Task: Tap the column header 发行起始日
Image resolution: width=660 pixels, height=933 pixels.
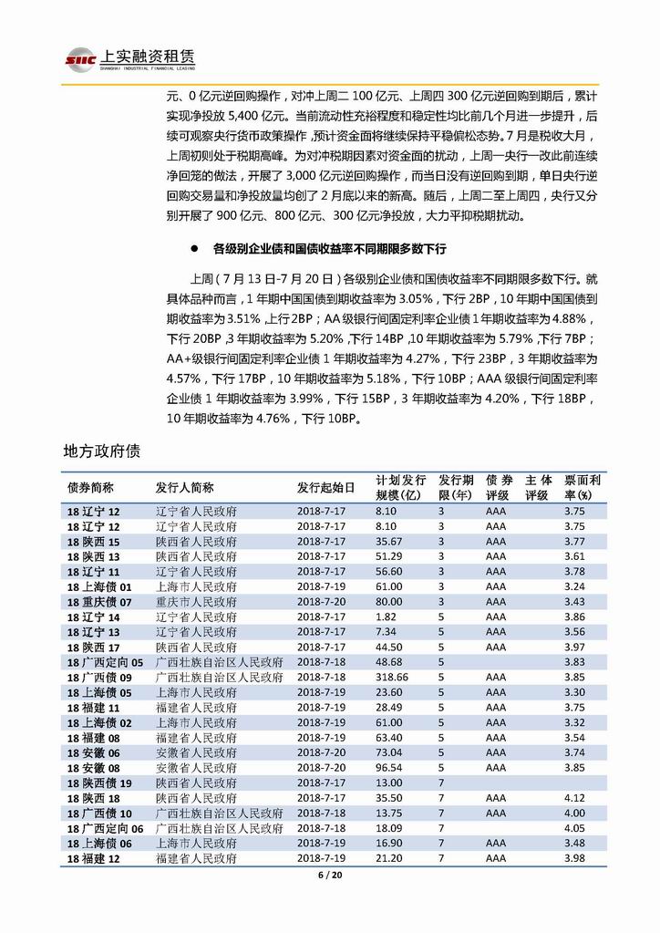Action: (323, 487)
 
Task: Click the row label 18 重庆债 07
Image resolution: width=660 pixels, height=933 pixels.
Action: (99, 602)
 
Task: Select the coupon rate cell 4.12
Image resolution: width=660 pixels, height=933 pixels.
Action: (573, 797)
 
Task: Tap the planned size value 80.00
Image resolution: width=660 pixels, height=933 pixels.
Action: (388, 602)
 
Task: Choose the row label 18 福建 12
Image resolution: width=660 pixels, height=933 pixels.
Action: (94, 858)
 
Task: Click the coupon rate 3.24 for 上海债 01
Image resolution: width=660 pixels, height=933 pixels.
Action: (573, 586)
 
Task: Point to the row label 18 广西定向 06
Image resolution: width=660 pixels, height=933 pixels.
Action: (106, 827)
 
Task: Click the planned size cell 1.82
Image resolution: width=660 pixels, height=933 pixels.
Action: (385, 617)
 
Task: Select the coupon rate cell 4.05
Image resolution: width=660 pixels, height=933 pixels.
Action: (573, 827)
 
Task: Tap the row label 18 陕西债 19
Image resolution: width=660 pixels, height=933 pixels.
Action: (99, 783)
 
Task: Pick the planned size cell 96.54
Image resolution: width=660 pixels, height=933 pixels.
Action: (388, 767)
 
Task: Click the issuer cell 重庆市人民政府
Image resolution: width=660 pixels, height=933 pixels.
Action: (196, 602)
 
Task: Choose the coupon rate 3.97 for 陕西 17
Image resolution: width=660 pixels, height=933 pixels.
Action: (573, 647)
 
